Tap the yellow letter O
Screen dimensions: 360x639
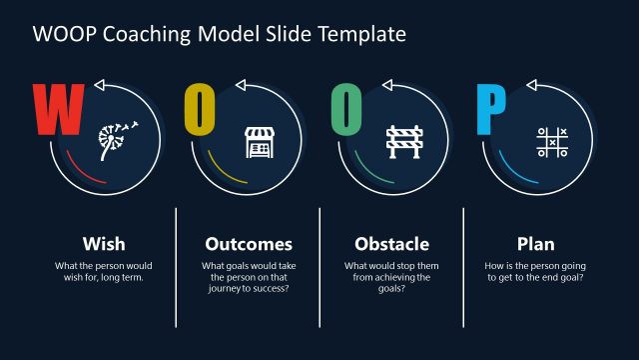[200, 110]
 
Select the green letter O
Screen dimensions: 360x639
[345, 110]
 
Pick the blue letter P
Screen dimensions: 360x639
[490, 110]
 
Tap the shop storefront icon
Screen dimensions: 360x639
[258, 141]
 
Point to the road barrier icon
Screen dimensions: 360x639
[403, 141]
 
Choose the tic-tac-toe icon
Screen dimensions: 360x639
[549, 141]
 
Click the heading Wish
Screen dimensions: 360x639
[104, 243]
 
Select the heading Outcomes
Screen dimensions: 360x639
[249, 243]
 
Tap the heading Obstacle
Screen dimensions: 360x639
[392, 243]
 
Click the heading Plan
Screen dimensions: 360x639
[535, 243]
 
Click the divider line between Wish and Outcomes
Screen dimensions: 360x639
[176, 266]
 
